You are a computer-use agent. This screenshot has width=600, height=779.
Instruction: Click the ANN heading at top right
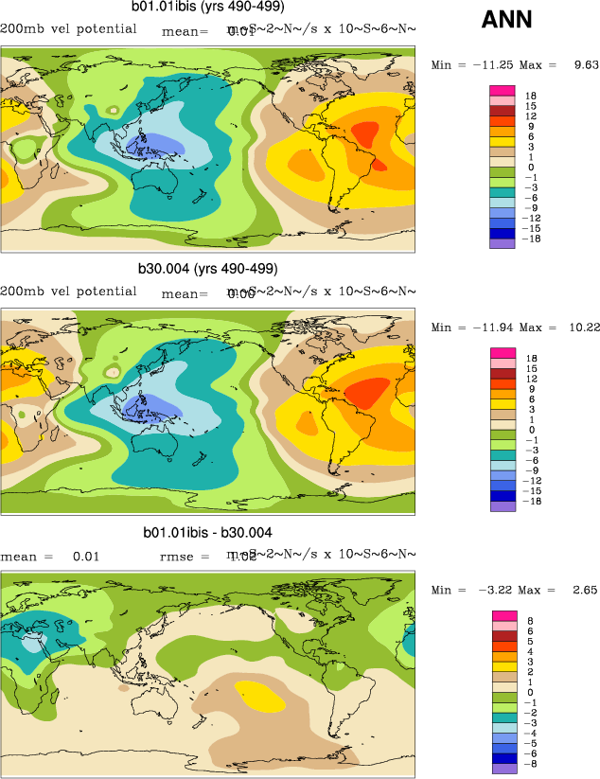(x=506, y=19)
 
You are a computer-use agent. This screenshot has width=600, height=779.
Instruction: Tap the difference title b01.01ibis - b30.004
(x=207, y=533)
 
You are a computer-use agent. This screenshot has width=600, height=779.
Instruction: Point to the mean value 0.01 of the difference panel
(x=86, y=557)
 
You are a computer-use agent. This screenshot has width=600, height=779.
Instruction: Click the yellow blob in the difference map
(x=260, y=697)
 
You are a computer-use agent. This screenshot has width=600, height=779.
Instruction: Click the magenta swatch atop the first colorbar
(x=502, y=91)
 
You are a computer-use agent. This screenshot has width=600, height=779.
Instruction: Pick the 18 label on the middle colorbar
(x=532, y=358)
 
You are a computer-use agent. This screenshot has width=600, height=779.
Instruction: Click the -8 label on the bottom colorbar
(x=532, y=761)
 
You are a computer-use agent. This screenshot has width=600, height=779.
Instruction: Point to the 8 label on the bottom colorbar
(x=530, y=621)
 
